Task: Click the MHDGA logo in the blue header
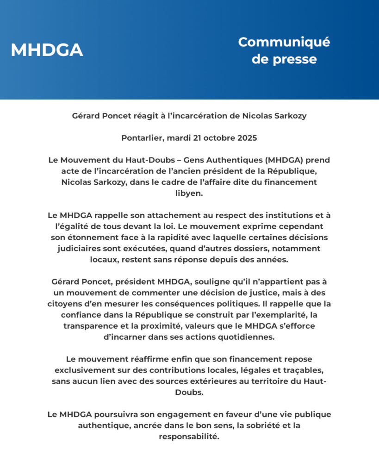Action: coord(47,50)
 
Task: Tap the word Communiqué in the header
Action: coord(284,42)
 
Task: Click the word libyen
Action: coord(189,193)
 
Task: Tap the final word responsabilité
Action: coord(189,436)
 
